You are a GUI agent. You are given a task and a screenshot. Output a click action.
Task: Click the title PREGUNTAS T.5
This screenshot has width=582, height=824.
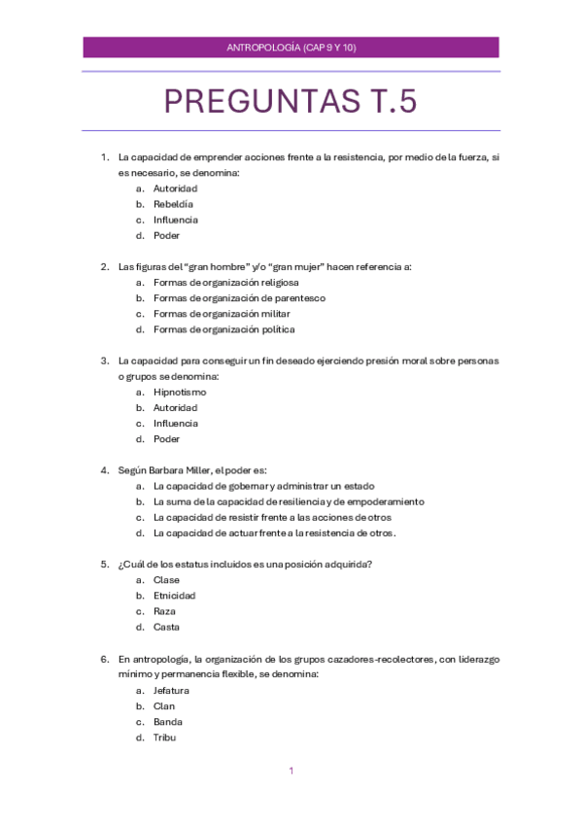(x=291, y=101)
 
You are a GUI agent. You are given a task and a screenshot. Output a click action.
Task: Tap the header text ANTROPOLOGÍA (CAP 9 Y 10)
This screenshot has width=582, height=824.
(x=291, y=47)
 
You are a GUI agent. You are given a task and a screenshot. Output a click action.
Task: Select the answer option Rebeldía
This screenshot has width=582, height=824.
(x=173, y=204)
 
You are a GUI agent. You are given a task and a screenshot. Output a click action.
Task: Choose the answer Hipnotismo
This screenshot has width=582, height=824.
(x=180, y=392)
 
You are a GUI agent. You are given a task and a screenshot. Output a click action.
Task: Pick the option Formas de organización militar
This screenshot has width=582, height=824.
(x=222, y=314)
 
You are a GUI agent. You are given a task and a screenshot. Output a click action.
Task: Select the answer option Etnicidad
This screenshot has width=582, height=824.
(x=174, y=596)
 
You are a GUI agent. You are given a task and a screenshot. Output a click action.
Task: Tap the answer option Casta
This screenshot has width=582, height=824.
(x=166, y=627)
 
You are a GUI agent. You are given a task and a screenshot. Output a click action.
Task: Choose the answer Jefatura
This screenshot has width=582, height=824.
(x=171, y=690)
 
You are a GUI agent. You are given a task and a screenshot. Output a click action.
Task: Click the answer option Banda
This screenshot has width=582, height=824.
(x=167, y=722)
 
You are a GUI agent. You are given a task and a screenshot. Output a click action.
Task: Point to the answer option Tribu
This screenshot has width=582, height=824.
(x=164, y=738)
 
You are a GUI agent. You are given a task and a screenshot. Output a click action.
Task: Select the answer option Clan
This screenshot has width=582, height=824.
(x=164, y=706)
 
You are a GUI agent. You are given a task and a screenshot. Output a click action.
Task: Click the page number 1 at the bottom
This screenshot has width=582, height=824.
(x=291, y=771)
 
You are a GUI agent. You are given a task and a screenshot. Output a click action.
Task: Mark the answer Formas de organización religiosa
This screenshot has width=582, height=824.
(x=224, y=283)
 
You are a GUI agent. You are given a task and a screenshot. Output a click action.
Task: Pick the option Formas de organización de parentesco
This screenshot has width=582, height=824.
(x=239, y=298)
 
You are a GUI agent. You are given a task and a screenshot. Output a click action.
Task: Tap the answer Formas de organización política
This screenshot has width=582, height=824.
(x=223, y=329)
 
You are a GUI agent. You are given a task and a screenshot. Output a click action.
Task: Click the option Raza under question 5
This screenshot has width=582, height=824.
(x=164, y=611)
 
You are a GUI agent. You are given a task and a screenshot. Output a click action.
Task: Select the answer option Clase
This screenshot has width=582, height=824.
(x=166, y=580)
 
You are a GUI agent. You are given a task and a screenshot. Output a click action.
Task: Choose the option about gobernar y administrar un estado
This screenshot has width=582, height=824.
(x=263, y=486)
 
